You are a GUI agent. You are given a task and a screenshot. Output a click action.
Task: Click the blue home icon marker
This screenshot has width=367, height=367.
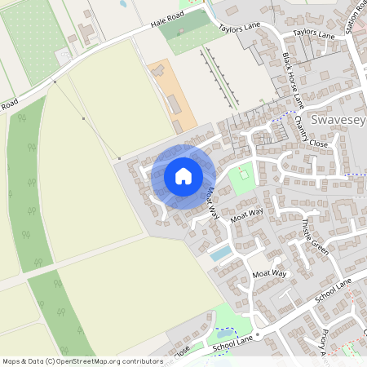[x=183, y=175]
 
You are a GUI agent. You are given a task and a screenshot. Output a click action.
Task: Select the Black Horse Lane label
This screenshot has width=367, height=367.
[x=291, y=80]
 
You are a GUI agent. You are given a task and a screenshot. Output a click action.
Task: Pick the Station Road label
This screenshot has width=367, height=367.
[x=355, y=23]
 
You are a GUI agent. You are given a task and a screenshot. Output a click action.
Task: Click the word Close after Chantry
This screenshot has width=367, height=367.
[x=319, y=143]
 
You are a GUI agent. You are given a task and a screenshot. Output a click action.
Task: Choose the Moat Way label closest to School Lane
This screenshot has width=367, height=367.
[x=270, y=274]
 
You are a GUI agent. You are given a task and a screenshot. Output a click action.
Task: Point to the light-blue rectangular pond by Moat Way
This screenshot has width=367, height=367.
[x=220, y=253]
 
